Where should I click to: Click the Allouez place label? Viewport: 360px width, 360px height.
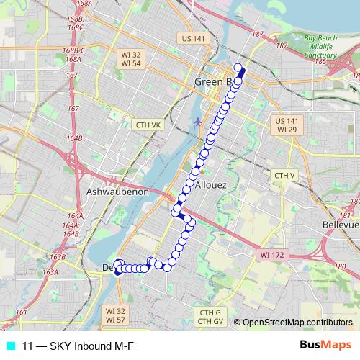(211, 185)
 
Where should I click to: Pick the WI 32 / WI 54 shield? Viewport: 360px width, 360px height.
(131, 59)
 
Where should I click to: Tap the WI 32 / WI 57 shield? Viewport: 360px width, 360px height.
(115, 315)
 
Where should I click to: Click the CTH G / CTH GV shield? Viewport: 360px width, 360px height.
(210, 316)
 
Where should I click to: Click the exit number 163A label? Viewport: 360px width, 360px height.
(50, 272)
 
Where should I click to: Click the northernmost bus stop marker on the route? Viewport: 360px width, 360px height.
(238, 67)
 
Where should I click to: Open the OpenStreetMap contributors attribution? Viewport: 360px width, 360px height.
(297, 323)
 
